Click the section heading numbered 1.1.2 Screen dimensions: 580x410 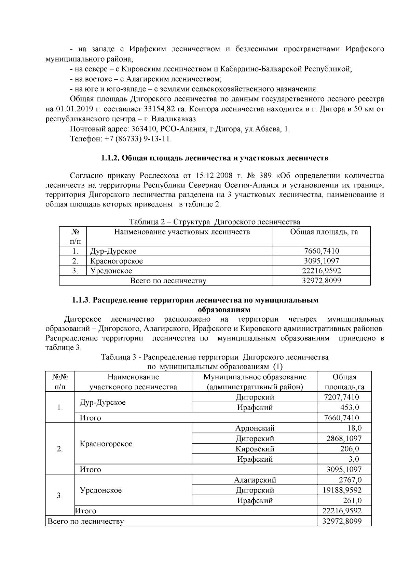tap(215, 158)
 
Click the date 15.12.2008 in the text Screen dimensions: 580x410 tap(214, 176)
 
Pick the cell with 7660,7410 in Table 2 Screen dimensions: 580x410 tap(322, 251)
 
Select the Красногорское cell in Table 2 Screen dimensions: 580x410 tap(117, 261)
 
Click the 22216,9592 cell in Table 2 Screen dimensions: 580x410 tap(322, 271)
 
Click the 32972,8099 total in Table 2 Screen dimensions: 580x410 tap(322, 281)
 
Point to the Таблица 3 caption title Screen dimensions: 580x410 tap(215, 358)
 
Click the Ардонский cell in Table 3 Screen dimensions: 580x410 tap(255, 428)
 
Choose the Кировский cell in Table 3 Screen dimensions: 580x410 tap(255, 449)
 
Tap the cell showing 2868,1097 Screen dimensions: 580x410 tap(344, 439)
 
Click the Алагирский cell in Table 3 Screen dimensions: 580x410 tap(255, 480)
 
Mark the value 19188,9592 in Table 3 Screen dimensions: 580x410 tap(342, 490)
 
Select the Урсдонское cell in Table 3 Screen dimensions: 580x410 tap(101, 490)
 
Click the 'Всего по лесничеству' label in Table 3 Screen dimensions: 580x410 tap(86, 522)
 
